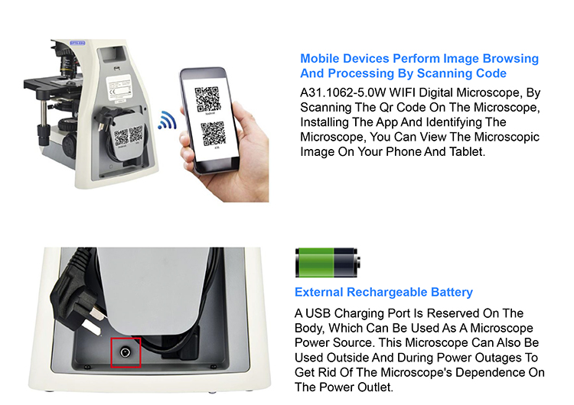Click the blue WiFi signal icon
pos(168,120)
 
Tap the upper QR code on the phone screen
pos(207,99)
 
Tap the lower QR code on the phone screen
pos(213,134)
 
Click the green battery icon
pos(328,262)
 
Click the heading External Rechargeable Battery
pos(383,292)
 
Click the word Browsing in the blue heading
pos(510,59)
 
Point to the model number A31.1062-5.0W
pos(343,92)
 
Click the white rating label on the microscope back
pos(119,87)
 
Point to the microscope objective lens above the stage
pos(67,66)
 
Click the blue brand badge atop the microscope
pos(77,43)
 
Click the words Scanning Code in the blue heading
pos(461,73)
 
